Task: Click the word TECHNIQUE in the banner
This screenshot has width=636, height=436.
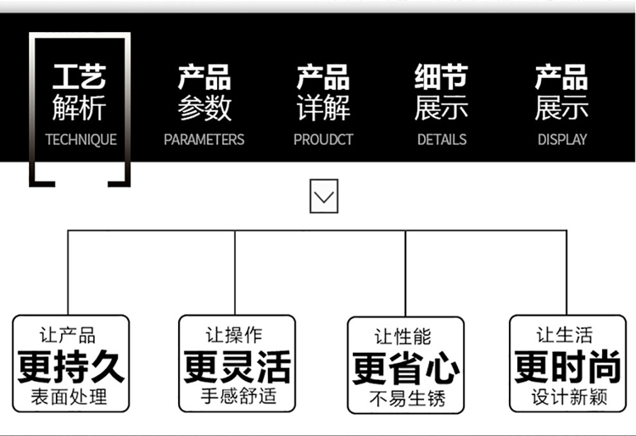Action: click(81, 139)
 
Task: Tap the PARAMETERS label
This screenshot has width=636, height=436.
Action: click(204, 139)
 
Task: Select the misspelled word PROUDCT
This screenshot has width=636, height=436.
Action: click(323, 139)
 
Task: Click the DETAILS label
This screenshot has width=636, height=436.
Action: click(441, 139)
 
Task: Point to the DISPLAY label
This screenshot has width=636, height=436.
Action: click(561, 139)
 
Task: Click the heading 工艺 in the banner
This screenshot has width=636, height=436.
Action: click(80, 77)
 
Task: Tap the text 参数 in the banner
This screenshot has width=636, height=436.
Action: click(204, 109)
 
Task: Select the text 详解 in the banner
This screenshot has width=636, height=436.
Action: click(323, 109)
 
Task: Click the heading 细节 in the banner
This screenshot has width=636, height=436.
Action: click(441, 77)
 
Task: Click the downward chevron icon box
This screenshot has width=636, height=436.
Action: click(324, 198)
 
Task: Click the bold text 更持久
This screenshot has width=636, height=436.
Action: click(71, 367)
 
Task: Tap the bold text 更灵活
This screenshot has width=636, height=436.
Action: click(237, 367)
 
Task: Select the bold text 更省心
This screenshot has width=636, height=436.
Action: click(406, 369)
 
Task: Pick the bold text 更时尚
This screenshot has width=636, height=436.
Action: click(568, 367)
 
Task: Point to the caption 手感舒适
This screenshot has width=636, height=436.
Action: click(237, 396)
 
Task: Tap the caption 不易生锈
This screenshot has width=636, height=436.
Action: click(406, 398)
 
